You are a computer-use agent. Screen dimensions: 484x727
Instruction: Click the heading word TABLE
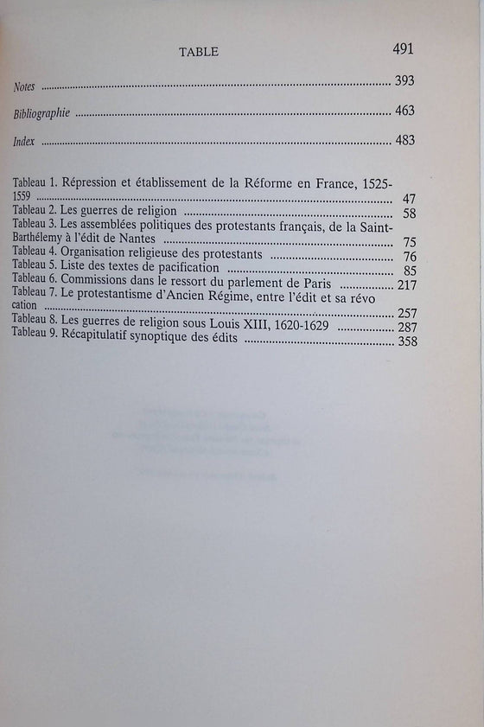coord(198,52)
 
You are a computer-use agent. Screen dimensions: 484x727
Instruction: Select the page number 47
coord(410,199)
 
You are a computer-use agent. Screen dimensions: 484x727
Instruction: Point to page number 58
coord(410,213)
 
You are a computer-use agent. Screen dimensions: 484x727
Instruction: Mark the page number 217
coord(406,284)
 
